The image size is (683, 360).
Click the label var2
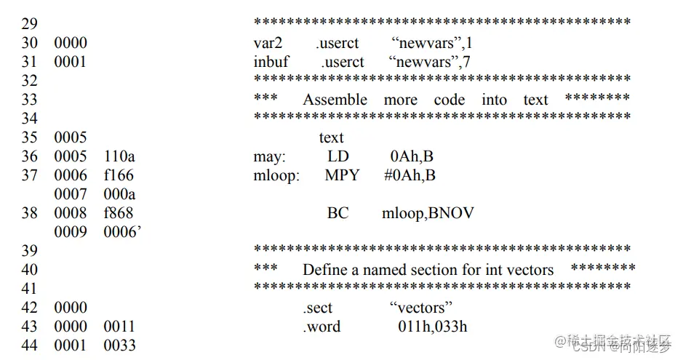(x=267, y=43)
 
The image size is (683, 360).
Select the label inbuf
(x=271, y=62)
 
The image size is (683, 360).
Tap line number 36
(x=29, y=156)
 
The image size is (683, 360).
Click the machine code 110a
(x=119, y=156)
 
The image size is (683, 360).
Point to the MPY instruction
(x=342, y=175)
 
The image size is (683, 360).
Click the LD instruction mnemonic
(x=338, y=156)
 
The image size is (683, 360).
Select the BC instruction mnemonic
(x=338, y=213)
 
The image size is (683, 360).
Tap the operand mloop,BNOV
(x=428, y=213)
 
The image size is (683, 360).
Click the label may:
(x=270, y=156)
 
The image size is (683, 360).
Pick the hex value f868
(x=119, y=213)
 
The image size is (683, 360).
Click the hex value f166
(x=119, y=175)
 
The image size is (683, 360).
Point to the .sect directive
(x=319, y=308)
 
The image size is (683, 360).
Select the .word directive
(x=321, y=327)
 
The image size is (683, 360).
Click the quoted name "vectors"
(x=421, y=308)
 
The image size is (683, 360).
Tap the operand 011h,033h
(x=433, y=327)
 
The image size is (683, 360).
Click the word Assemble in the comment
(x=335, y=100)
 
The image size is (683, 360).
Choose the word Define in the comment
(x=325, y=270)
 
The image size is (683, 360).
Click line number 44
(x=29, y=345)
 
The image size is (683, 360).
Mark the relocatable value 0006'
(x=121, y=232)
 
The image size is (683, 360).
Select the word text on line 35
(x=332, y=137)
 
